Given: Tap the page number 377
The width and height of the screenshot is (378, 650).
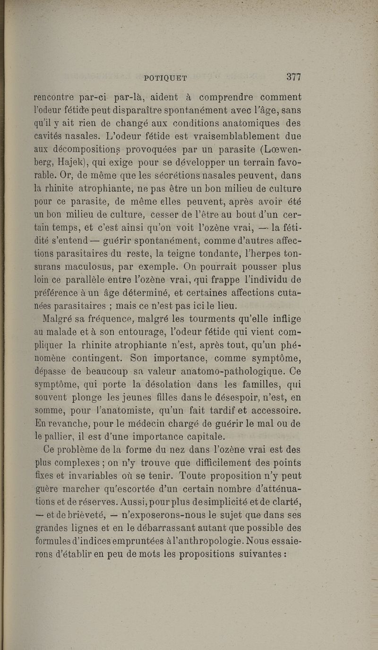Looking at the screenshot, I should click(293, 77).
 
